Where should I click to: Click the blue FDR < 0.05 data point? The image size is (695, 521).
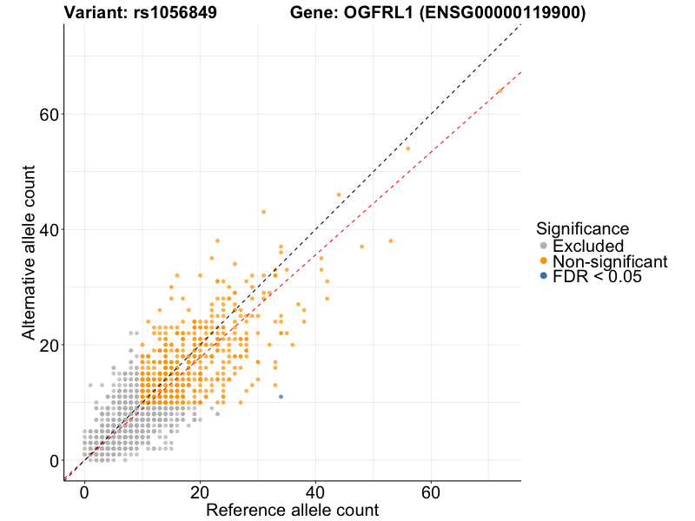[x=281, y=397]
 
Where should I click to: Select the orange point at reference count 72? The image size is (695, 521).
[x=500, y=90]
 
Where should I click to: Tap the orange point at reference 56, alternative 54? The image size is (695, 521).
[x=407, y=148]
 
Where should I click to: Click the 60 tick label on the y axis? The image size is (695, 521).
[x=50, y=115]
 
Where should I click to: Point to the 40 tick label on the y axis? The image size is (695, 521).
[x=50, y=230]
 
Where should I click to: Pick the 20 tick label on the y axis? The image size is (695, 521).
[x=50, y=345]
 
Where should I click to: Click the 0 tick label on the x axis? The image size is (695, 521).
[x=84, y=492]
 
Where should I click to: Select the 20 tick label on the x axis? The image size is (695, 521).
[x=200, y=492]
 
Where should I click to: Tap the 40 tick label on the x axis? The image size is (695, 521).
[x=315, y=492]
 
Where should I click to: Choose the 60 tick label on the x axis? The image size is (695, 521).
[x=431, y=492]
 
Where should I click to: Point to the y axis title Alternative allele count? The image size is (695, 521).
[x=29, y=252]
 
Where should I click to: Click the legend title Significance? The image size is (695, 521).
[x=582, y=229]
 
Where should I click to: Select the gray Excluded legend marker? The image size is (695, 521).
[x=544, y=247]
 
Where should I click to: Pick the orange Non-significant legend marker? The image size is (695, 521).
[x=544, y=261]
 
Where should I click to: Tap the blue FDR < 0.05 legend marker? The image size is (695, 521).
[x=544, y=276]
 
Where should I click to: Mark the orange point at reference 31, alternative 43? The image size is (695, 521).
[x=263, y=212]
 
